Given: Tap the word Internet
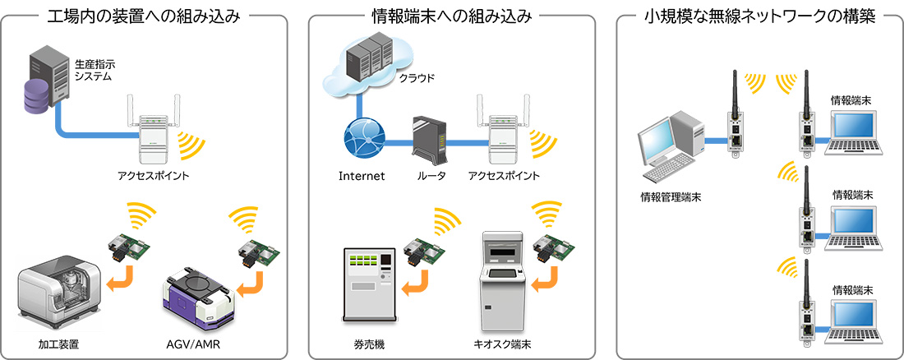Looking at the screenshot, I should point(362,176).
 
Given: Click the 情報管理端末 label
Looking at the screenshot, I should point(671,197).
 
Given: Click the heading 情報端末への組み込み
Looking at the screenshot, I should point(451,15).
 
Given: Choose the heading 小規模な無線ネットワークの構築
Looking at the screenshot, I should point(760,15).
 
